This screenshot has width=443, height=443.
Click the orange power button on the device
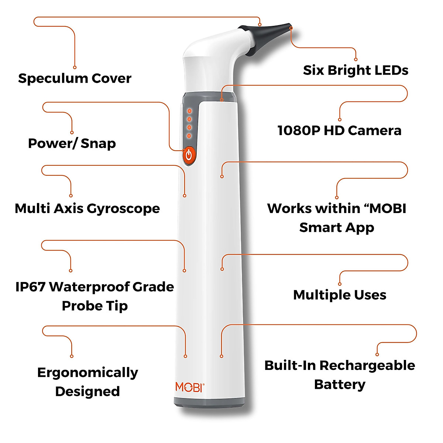tap(189, 155)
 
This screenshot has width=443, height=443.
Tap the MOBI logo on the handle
tap(189, 387)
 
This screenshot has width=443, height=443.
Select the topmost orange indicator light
tap(189, 110)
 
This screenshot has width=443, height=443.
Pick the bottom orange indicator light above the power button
tap(189, 136)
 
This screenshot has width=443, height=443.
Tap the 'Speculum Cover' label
tap(75, 78)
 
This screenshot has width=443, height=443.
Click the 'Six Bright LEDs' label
tap(356, 70)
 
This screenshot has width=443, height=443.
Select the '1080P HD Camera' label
tap(339, 130)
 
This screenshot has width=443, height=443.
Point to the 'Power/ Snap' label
tap(72, 143)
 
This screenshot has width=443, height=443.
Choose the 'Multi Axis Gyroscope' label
tap(87, 209)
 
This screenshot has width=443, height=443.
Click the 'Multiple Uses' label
tap(340, 295)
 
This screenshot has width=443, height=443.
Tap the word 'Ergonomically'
tap(87, 372)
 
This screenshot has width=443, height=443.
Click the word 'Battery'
tap(340, 384)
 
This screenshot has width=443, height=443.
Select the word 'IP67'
tap(31, 287)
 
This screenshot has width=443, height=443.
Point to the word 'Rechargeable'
tap(367, 365)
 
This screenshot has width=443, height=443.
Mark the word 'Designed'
tap(87, 391)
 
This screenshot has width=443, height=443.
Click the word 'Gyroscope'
tap(123, 209)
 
